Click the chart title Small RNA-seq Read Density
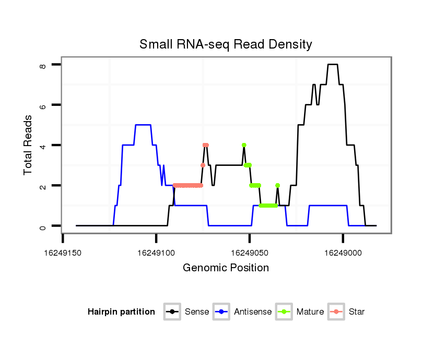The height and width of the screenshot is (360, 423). coord(226,44)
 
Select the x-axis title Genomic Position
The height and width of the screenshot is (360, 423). coord(226,268)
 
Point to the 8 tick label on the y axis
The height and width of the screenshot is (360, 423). coord(43,65)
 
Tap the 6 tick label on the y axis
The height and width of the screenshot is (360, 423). coord(43,105)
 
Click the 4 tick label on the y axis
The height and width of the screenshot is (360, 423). coord(43,146)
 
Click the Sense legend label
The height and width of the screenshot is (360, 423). coord(197,312)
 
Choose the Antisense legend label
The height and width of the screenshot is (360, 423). coord(253,312)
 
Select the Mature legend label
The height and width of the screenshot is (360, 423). coord(310,312)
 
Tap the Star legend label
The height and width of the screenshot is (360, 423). coord(357,312)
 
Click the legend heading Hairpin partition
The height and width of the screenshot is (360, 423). coord(121,312)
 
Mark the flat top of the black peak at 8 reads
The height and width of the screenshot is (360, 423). coord(333,65)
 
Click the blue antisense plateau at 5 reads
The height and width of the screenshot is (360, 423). coord(143,125)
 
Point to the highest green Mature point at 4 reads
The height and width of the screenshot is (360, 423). coord(244,145)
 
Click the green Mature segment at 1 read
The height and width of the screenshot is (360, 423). coord(268,206)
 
